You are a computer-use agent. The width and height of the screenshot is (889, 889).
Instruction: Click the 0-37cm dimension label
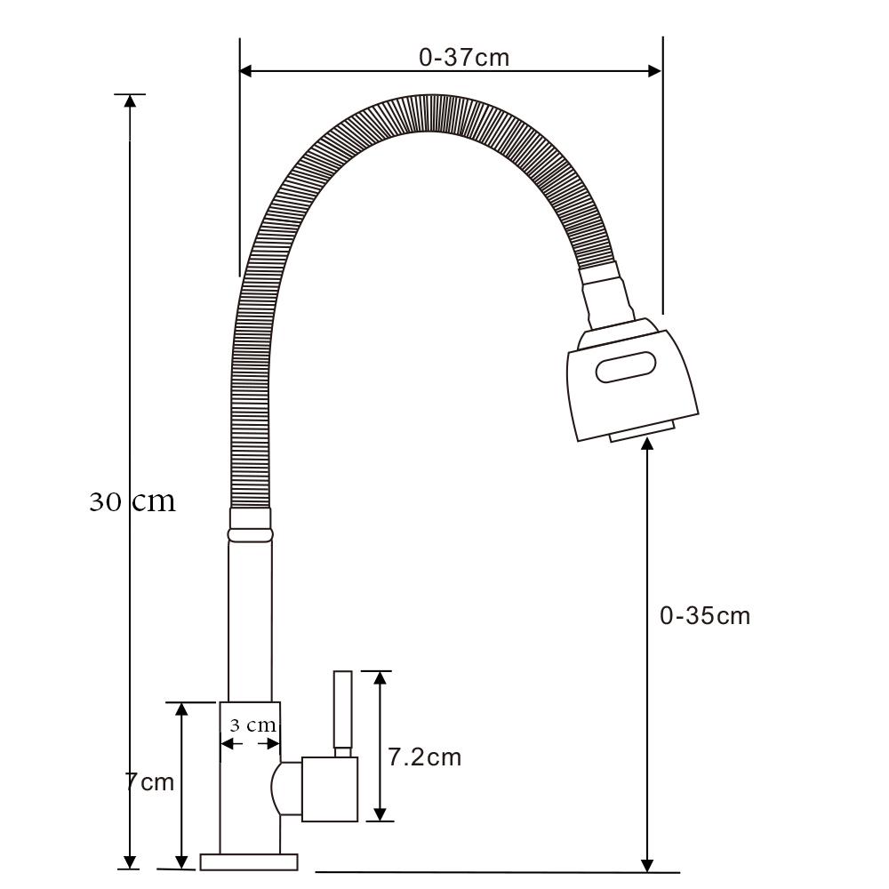(x=464, y=57)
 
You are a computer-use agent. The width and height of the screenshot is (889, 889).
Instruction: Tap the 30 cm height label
(x=132, y=501)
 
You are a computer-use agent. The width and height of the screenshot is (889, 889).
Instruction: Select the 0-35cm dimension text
(x=705, y=616)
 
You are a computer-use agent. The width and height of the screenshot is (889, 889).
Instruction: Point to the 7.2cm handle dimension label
(x=425, y=757)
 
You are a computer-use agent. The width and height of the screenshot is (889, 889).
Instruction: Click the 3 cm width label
(x=252, y=725)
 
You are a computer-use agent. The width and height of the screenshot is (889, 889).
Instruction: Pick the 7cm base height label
(x=149, y=781)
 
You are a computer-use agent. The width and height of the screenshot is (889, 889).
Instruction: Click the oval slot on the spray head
(x=626, y=367)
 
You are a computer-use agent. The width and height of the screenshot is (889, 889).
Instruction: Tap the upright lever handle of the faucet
(x=343, y=713)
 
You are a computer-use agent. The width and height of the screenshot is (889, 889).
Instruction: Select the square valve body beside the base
(x=330, y=789)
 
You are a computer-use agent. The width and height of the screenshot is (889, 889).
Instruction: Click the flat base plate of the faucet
(x=249, y=861)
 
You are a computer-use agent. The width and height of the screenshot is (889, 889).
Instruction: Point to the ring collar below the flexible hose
(x=250, y=534)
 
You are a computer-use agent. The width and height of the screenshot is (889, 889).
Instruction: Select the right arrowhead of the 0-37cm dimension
(x=655, y=71)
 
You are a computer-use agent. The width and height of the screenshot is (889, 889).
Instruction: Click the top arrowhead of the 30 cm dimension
(x=131, y=101)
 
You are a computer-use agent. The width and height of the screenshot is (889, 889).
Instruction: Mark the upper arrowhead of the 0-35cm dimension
(x=647, y=443)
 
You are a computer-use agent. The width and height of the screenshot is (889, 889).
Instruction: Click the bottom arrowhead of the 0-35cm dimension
(x=647, y=866)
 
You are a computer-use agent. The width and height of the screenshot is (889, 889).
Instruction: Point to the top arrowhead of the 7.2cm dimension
(x=380, y=678)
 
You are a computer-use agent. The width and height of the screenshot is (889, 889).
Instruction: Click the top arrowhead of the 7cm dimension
(x=181, y=709)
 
